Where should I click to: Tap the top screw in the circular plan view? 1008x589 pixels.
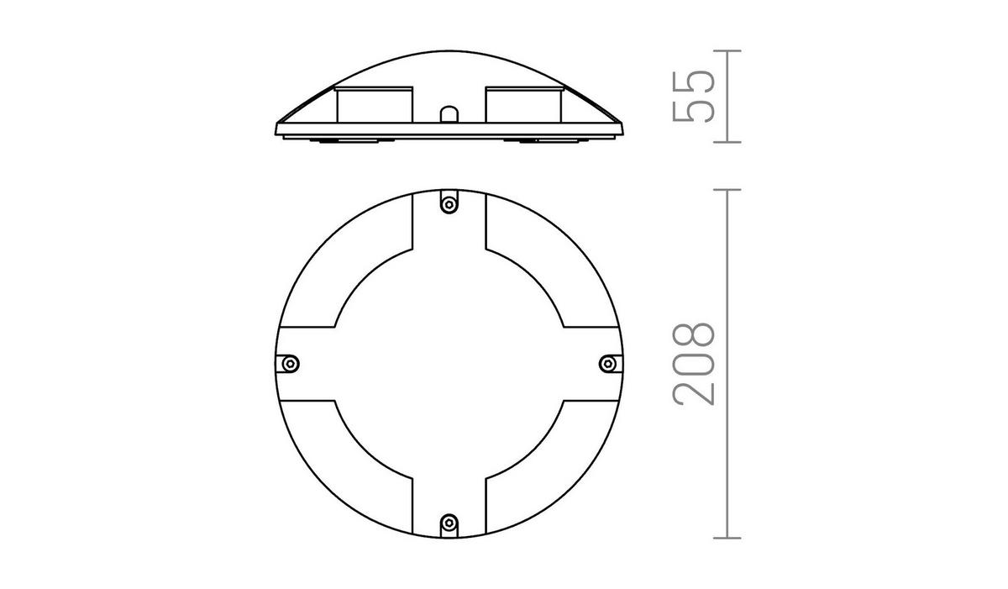tap(449, 203)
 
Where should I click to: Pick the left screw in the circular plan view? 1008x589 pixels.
tap(290, 363)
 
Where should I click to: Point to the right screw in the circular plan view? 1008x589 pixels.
tap(609, 363)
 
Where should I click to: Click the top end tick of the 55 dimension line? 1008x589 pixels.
tap(727, 51)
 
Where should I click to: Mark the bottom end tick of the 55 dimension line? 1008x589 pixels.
tap(727, 141)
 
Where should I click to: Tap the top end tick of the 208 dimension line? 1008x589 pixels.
tap(727, 190)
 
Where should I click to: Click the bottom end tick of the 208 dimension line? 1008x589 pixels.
tap(727, 537)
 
